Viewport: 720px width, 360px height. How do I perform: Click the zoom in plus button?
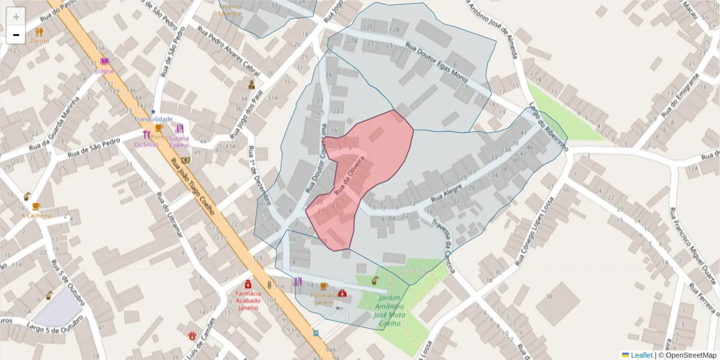(16, 17)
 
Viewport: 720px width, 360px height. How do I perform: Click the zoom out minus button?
(16, 35)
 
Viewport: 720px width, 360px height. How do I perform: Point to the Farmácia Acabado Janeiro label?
(248, 300)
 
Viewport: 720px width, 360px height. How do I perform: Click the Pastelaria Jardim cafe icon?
(324, 286)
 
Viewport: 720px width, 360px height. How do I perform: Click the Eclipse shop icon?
(105, 62)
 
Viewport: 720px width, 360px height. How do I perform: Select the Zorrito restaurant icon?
(39, 32)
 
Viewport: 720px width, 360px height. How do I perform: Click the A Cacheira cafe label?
(36, 215)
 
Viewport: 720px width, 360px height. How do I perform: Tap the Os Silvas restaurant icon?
(147, 135)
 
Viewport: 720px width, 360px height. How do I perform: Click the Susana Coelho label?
(179, 142)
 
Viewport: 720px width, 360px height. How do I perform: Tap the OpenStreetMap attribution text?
(690, 355)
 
